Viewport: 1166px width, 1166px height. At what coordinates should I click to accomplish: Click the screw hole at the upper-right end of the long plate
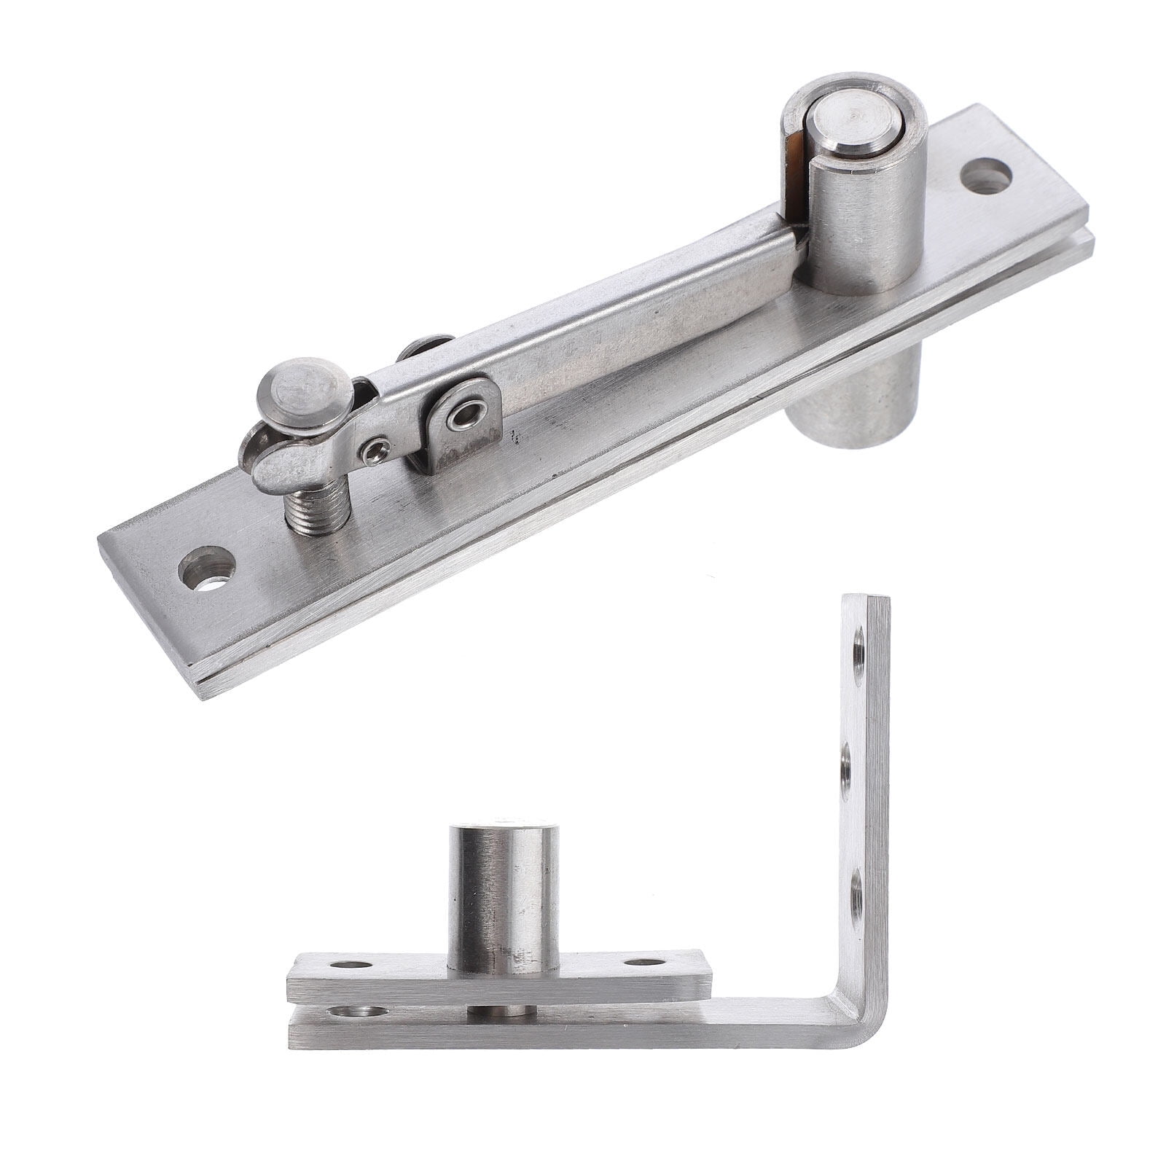pos(987,178)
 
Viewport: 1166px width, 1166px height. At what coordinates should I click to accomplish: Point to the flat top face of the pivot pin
pos(857,121)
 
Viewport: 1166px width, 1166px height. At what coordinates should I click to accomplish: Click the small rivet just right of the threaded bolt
pos(375,453)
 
